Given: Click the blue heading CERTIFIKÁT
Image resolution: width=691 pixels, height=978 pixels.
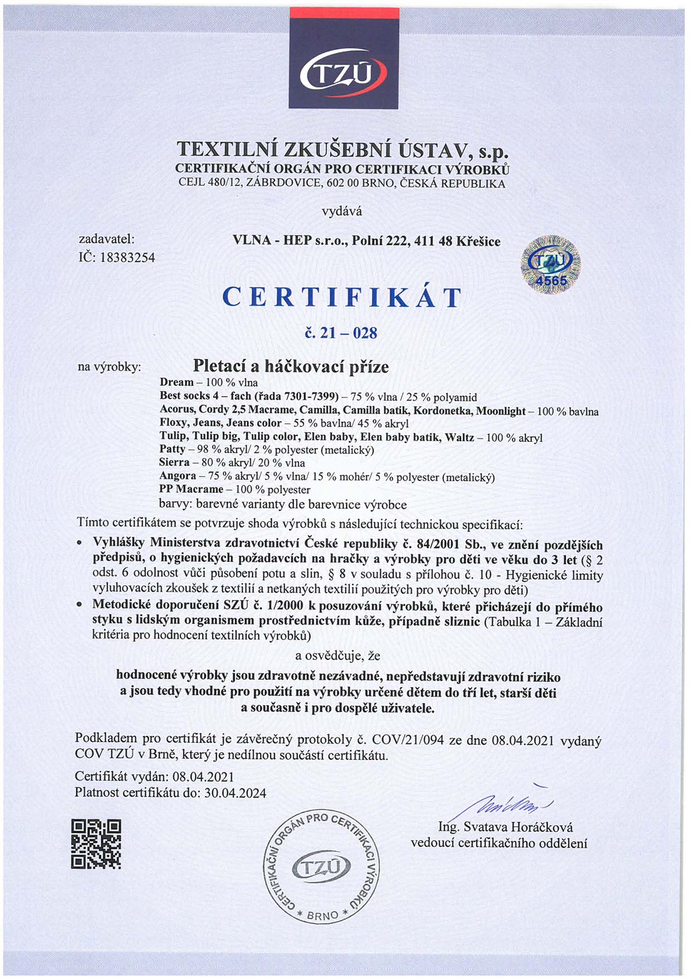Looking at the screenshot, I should [x=342, y=297].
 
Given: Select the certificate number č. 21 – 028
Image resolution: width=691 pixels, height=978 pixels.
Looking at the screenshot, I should [x=342, y=333].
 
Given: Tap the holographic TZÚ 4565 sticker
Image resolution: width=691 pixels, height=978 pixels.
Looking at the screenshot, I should [x=551, y=265].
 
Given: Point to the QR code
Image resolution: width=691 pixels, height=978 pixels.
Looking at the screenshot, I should [x=96, y=844].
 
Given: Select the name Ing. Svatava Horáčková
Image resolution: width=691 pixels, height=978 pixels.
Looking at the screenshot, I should [x=505, y=827].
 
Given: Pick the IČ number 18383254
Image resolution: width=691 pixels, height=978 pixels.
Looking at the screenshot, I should [x=127, y=258].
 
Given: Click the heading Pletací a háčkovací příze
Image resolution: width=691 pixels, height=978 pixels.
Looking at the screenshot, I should [x=290, y=366].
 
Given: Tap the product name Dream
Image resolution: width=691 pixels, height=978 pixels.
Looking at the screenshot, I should [x=177, y=382].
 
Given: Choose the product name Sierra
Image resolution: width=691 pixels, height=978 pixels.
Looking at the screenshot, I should [x=174, y=462].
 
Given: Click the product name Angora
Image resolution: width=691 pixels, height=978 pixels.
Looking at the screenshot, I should [x=178, y=476].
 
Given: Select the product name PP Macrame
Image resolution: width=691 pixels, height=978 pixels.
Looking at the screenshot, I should [x=191, y=489].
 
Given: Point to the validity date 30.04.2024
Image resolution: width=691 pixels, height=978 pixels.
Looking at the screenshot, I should [x=235, y=792].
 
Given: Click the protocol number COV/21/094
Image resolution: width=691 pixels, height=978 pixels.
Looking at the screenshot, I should [x=408, y=740].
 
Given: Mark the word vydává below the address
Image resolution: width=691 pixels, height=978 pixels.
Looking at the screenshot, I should [x=342, y=211].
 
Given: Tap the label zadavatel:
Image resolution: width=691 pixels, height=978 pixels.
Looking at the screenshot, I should [x=106, y=239].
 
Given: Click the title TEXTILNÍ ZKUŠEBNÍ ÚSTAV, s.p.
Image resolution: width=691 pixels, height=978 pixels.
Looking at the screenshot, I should [x=342, y=149].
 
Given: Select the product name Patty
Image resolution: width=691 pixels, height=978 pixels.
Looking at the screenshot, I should [x=172, y=449].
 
